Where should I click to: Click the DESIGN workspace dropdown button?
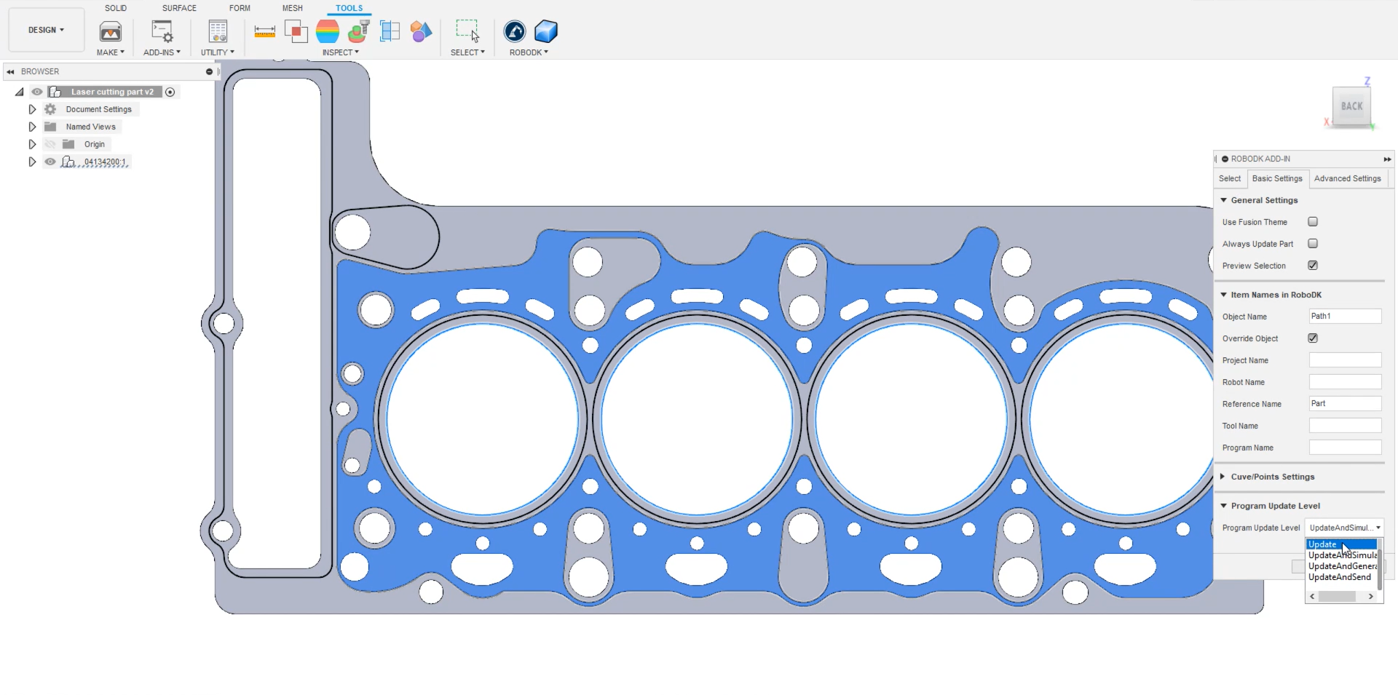pyautogui.click(x=46, y=30)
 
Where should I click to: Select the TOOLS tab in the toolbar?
pyautogui.click(x=349, y=8)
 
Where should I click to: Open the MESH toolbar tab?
pyautogui.click(x=292, y=8)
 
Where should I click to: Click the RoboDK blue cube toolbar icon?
pyautogui.click(x=545, y=31)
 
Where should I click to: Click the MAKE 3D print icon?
pyautogui.click(x=111, y=31)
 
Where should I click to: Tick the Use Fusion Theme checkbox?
pyautogui.click(x=1313, y=222)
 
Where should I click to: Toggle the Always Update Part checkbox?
pyautogui.click(x=1313, y=244)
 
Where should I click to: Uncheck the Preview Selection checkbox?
pyautogui.click(x=1313, y=266)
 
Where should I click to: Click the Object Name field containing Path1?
pyautogui.click(x=1344, y=317)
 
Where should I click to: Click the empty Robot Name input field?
pyautogui.click(x=1344, y=382)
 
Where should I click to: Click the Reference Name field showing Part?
pyautogui.click(x=1344, y=404)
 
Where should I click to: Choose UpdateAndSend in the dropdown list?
pyautogui.click(x=1339, y=577)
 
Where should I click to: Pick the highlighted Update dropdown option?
pyautogui.click(x=1323, y=544)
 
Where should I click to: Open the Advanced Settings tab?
pyautogui.click(x=1347, y=178)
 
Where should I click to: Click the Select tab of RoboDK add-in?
pyautogui.click(x=1230, y=178)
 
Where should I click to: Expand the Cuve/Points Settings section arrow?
pyautogui.click(x=1223, y=477)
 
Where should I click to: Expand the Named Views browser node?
pyautogui.click(x=32, y=127)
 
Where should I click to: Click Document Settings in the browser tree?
pyautogui.click(x=98, y=109)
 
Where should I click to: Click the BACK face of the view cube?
pyautogui.click(x=1351, y=106)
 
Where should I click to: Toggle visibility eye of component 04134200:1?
pyautogui.click(x=50, y=162)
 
